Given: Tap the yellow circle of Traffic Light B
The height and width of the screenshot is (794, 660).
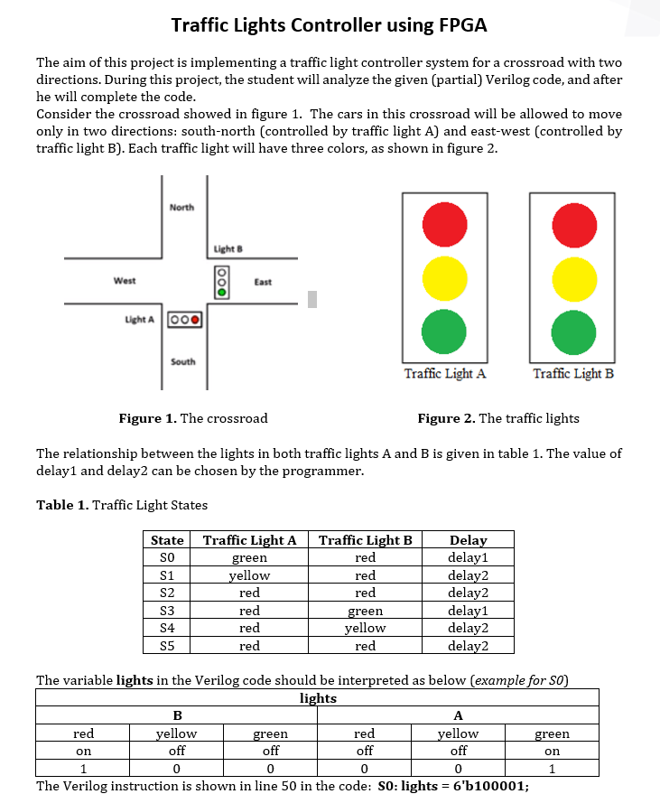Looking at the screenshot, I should (x=573, y=277).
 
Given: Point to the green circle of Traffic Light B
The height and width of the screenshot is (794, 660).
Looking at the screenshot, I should (x=573, y=331).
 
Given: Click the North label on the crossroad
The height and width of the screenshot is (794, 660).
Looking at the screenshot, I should (x=181, y=208).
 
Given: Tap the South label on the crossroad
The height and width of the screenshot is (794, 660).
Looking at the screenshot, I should (x=182, y=361).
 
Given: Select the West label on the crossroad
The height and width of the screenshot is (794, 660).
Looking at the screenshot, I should (x=125, y=281).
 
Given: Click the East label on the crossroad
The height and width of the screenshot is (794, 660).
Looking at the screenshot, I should (x=263, y=282).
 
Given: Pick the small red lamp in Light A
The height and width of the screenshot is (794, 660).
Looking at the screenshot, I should (x=193, y=320).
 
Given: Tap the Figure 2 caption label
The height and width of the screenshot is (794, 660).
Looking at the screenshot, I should (x=446, y=418).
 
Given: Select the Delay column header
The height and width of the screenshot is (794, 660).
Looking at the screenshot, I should (x=468, y=540).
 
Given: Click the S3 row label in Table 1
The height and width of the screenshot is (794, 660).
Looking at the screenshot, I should (x=166, y=611).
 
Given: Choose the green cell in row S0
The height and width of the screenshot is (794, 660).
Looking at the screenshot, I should (x=249, y=558).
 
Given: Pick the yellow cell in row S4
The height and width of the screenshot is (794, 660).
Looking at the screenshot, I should (x=365, y=628).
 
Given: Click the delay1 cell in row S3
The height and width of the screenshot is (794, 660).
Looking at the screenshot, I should (x=468, y=611).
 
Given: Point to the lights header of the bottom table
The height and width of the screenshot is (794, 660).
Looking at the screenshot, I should (x=318, y=698).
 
